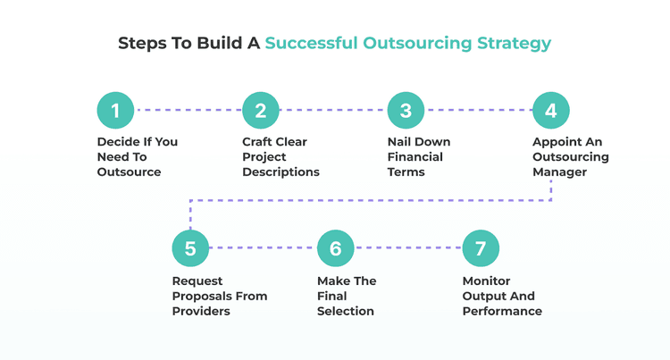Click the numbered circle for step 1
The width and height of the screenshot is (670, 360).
(x=115, y=111)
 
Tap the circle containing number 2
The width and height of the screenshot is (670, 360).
(x=261, y=111)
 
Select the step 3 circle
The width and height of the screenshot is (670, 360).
(x=406, y=111)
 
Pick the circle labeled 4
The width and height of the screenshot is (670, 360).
(x=551, y=111)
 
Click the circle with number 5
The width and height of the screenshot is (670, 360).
(x=190, y=248)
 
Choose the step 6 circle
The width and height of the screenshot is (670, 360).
(x=336, y=248)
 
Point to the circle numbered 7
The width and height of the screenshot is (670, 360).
(x=481, y=248)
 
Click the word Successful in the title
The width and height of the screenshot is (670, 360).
(x=311, y=43)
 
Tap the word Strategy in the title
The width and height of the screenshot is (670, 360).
(x=514, y=43)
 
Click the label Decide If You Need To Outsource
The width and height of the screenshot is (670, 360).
(x=137, y=156)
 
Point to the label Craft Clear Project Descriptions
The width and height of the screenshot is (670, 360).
(x=281, y=156)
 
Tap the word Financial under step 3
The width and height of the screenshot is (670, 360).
(x=415, y=156)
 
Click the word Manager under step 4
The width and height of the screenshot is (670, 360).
(x=560, y=172)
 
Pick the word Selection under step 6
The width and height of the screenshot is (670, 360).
(x=346, y=311)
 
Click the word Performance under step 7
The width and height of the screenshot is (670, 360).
(x=502, y=311)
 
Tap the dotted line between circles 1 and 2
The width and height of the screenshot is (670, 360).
(x=188, y=111)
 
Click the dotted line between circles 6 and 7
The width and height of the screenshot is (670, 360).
(x=408, y=248)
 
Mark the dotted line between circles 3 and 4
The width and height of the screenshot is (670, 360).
(x=478, y=111)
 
